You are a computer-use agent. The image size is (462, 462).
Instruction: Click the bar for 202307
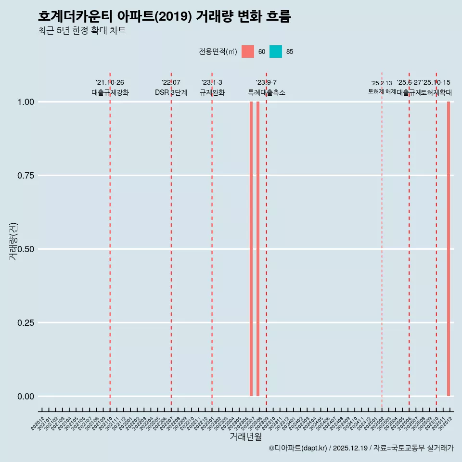pyautogui.click(x=251, y=249)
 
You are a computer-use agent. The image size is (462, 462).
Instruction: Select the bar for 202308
pyautogui.click(x=258, y=249)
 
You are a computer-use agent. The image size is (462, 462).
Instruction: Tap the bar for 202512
pyautogui.click(x=449, y=249)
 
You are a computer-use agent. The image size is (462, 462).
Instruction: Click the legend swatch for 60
pyautogui.click(x=248, y=51)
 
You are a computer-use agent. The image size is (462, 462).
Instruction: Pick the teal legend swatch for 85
pyautogui.click(x=276, y=51)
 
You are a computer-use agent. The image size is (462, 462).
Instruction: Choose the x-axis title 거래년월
pyautogui.click(x=245, y=437)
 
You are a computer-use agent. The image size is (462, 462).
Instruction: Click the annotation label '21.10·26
pyautogui.click(x=110, y=83)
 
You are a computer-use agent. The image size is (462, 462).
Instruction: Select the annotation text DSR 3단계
pyautogui.click(x=171, y=92)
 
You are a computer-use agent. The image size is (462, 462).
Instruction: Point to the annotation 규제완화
pyautogui.click(x=212, y=92)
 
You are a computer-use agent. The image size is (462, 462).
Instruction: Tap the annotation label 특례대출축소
pyautogui.click(x=266, y=92)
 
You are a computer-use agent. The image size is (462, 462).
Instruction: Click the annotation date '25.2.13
pyautogui.click(x=382, y=83)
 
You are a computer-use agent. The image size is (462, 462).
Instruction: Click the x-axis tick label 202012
pyautogui.click(x=38, y=423)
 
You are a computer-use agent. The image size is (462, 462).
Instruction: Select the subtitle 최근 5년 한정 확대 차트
pyautogui.click(x=82, y=31)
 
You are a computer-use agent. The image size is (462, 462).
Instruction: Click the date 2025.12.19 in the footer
pyautogui.click(x=350, y=448)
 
